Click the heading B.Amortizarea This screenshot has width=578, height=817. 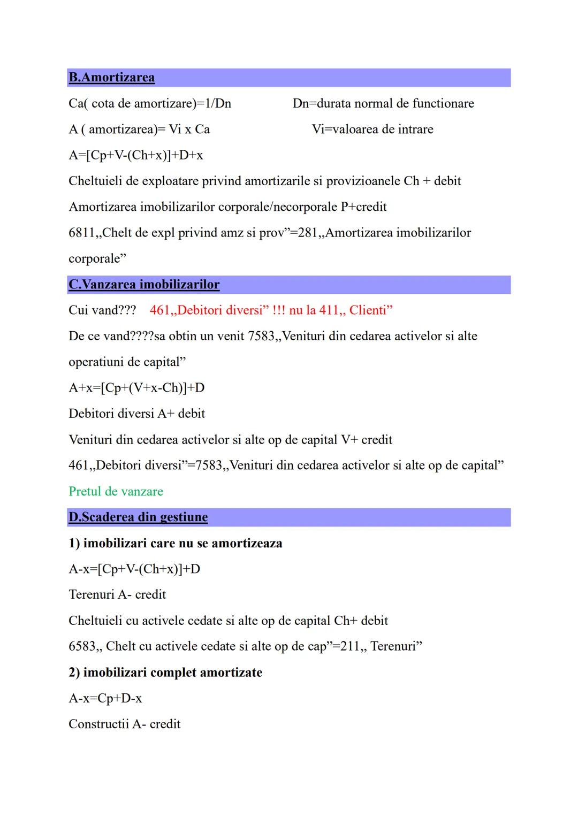pyautogui.click(x=111, y=78)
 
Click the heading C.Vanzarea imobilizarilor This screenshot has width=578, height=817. pyautogui.click(x=143, y=284)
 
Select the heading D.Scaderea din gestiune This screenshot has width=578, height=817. pyautogui.click(x=138, y=517)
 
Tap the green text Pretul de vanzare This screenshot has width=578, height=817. pyautogui.click(x=116, y=491)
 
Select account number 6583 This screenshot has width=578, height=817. pyautogui.click(x=82, y=646)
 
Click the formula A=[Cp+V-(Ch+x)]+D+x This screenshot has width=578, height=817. pyautogui.click(x=136, y=155)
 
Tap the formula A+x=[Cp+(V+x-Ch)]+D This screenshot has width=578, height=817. pyautogui.click(x=136, y=388)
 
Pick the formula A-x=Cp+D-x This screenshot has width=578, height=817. pyautogui.click(x=105, y=698)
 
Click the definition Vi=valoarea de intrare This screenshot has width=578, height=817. pyautogui.click(x=372, y=129)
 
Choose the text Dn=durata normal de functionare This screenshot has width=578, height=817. pyautogui.click(x=383, y=103)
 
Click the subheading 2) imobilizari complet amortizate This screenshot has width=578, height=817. pyautogui.click(x=165, y=673)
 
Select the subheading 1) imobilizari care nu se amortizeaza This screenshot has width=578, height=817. pyautogui.click(x=176, y=543)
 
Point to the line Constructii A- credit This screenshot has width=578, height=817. pyautogui.click(x=125, y=724)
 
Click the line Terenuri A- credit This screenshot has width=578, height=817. pyautogui.click(x=117, y=594)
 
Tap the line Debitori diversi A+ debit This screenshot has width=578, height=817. pyautogui.click(x=137, y=414)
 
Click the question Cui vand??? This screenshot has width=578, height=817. pyautogui.click(x=102, y=310)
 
